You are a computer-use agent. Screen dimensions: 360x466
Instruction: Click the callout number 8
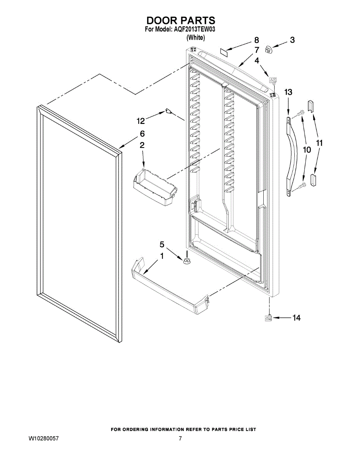(x=256, y=40)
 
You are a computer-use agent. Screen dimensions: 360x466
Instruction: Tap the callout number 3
(x=292, y=40)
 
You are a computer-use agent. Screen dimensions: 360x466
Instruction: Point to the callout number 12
(x=141, y=121)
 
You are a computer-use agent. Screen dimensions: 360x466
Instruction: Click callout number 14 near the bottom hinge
(x=296, y=318)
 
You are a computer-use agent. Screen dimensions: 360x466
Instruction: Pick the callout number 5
(x=162, y=244)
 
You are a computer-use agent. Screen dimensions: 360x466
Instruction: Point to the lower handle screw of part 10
(x=301, y=187)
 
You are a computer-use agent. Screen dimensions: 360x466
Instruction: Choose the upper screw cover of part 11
(x=311, y=105)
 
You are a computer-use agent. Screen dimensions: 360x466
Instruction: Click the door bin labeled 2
(x=155, y=186)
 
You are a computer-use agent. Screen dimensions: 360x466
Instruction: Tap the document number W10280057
(x=43, y=439)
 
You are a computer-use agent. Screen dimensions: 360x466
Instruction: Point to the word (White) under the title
(x=195, y=37)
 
